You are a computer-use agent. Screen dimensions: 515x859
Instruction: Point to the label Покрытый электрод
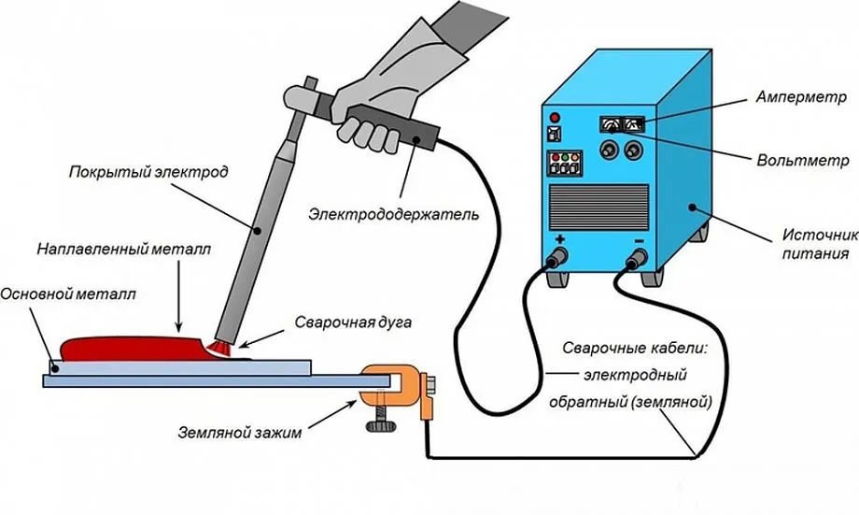click(x=150, y=173)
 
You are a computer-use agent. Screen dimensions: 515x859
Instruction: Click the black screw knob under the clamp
click(x=379, y=426)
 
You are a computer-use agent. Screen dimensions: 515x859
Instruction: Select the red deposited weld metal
click(x=131, y=348)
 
